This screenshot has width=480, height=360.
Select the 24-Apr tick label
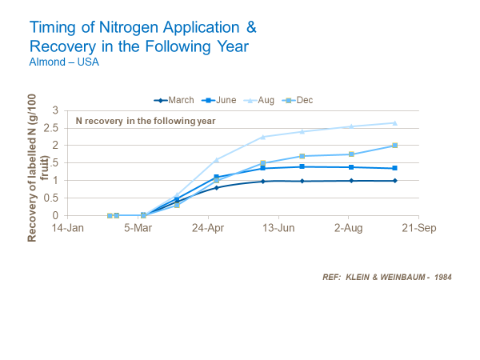tap(208, 227)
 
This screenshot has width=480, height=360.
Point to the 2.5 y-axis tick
tap(54, 128)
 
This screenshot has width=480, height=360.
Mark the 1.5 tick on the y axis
tap(54, 163)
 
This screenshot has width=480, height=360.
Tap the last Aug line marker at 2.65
tap(394, 122)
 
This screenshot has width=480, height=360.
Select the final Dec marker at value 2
tap(394, 146)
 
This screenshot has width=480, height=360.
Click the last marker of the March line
tap(394, 181)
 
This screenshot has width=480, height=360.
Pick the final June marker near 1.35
tap(394, 168)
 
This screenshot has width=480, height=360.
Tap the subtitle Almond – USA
tap(65, 62)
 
